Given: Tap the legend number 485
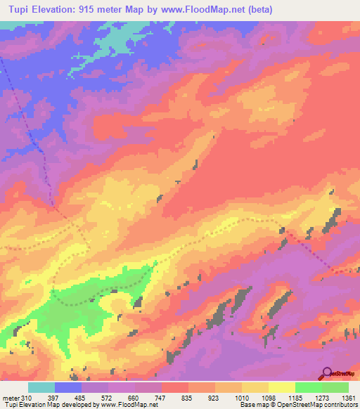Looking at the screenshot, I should point(91,398).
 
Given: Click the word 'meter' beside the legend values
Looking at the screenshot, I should point(12,398).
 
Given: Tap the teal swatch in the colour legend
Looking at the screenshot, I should point(41,387).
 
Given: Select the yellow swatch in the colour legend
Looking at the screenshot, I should point(281,387).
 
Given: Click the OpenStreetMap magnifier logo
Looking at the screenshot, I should point(327,373).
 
